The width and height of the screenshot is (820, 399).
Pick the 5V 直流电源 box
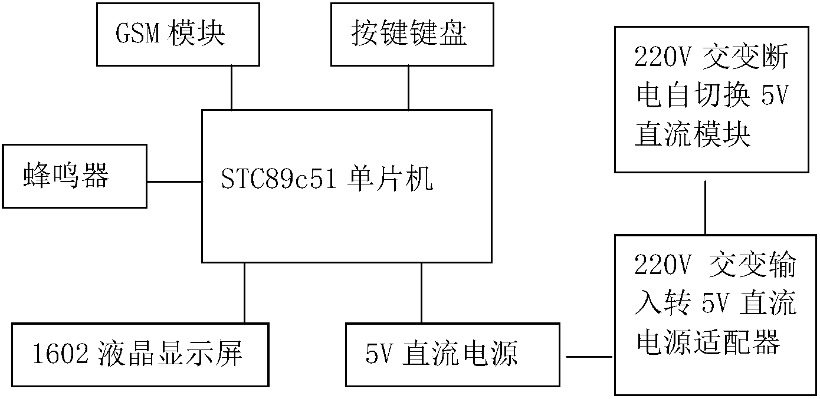pos(452,354)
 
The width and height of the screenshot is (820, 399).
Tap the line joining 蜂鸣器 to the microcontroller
pos(174,181)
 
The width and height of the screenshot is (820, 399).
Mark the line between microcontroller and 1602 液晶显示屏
pos(244,292)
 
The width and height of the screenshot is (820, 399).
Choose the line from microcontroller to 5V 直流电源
pos(421,292)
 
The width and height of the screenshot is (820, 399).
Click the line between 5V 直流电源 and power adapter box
pos(589,357)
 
